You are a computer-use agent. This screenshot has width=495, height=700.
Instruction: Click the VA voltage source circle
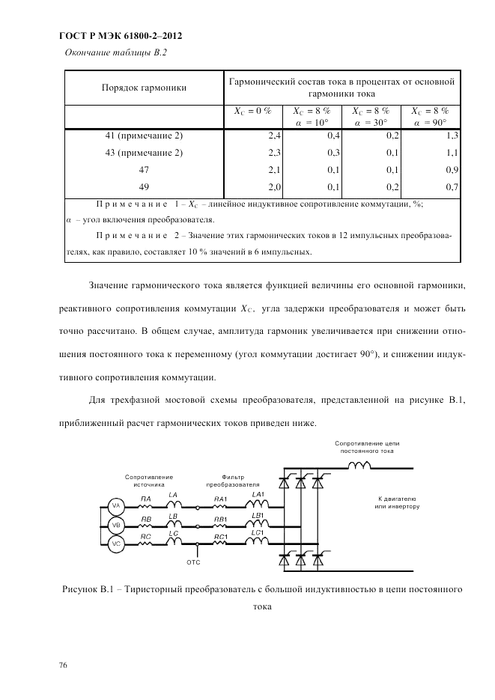[x=116, y=505]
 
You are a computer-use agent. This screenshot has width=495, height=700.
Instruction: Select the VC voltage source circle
[x=116, y=544]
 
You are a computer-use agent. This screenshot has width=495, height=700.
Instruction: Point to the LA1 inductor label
[x=258, y=494]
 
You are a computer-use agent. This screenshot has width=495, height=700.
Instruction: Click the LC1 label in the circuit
[x=258, y=532]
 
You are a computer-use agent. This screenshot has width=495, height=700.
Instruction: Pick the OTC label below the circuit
[x=193, y=560]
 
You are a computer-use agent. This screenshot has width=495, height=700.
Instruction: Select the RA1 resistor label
[x=220, y=499]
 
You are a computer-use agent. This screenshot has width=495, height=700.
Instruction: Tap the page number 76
[x=63, y=665]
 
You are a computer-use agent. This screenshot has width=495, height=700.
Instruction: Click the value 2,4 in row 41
[x=274, y=136]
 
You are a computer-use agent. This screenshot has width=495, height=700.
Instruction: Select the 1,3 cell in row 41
[x=452, y=136]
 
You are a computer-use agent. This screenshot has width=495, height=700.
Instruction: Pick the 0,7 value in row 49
[x=452, y=186]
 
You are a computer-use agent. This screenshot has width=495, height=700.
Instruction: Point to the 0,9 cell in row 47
[x=452, y=170]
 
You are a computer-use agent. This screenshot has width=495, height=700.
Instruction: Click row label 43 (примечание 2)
[x=144, y=153]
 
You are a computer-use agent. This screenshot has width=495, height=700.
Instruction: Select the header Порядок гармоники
[x=144, y=88]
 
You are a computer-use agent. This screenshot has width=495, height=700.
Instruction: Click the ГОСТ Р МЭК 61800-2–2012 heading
[x=120, y=35]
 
